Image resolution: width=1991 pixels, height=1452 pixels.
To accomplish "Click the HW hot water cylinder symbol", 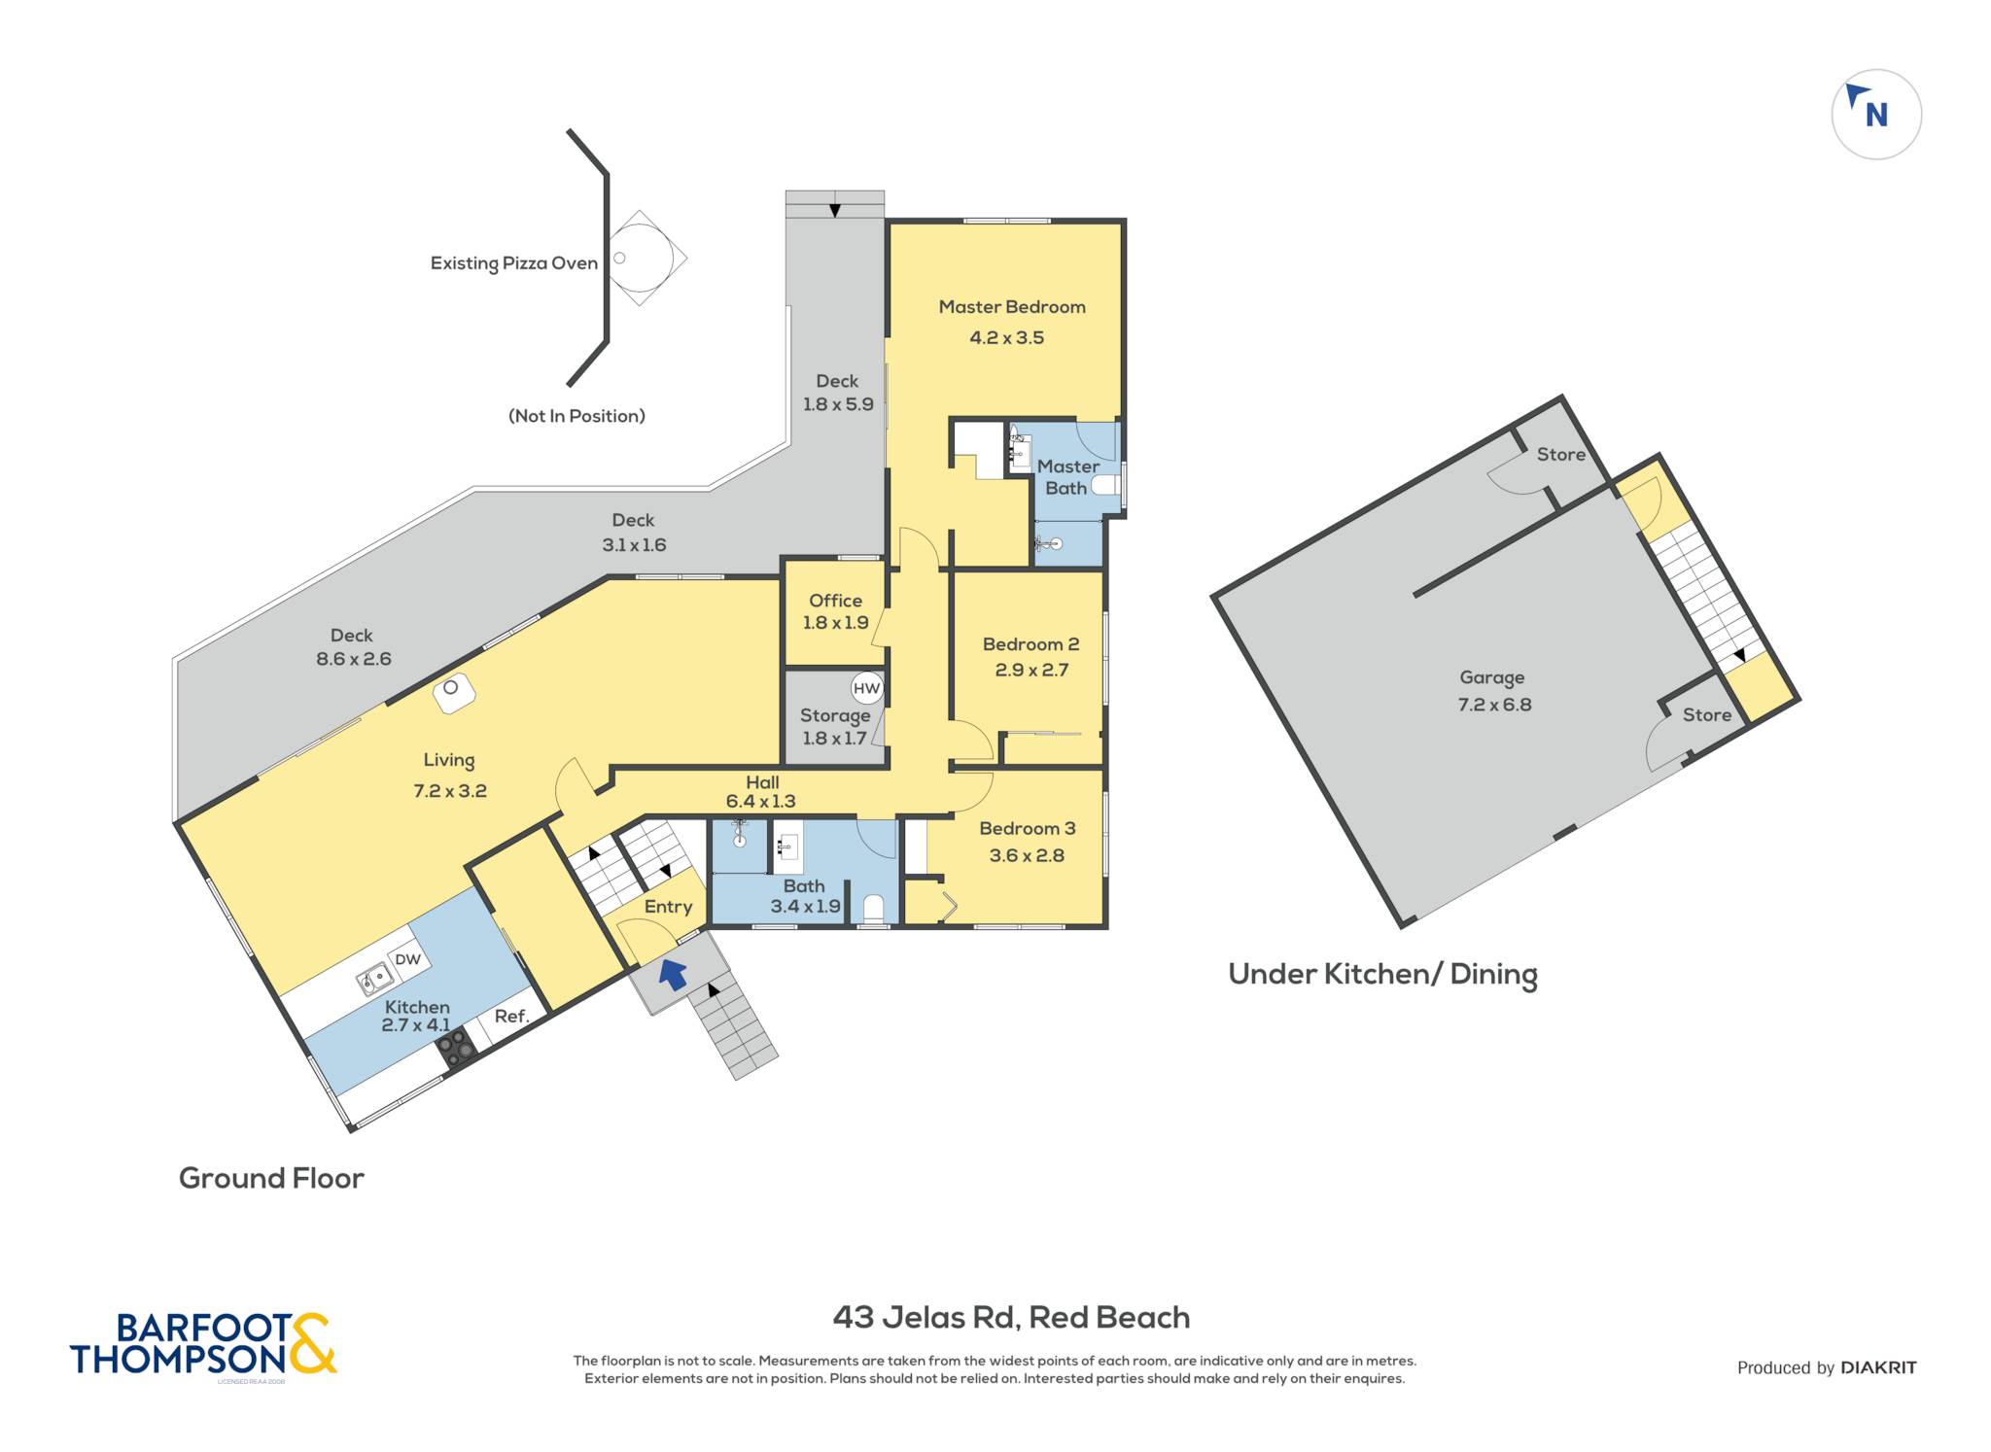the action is pyautogui.click(x=866, y=688).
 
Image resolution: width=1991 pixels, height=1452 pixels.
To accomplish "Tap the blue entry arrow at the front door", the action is pyautogui.click(x=673, y=973).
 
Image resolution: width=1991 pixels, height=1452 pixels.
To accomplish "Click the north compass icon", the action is pyautogui.click(x=1876, y=115).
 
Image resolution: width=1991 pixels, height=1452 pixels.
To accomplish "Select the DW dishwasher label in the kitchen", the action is pyautogui.click(x=407, y=959).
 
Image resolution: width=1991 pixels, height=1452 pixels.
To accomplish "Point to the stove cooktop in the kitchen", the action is pyautogui.click(x=455, y=1047).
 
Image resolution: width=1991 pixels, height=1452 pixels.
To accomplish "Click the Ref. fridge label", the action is pyautogui.click(x=512, y=1016).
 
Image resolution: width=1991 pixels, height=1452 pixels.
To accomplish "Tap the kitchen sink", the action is pyautogui.click(x=373, y=979).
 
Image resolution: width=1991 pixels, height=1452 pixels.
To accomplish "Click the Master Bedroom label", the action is pyautogui.click(x=1012, y=307).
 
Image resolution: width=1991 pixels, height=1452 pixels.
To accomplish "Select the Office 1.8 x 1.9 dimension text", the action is pyautogui.click(x=835, y=623).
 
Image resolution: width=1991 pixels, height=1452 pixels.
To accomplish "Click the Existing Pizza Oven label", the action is pyautogui.click(x=514, y=263).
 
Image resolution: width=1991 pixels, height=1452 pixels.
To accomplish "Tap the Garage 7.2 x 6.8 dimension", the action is pyautogui.click(x=1494, y=705).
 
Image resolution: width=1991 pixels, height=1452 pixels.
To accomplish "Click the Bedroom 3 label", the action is pyautogui.click(x=1028, y=828).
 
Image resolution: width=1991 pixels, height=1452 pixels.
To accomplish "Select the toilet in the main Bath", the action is pyautogui.click(x=873, y=909).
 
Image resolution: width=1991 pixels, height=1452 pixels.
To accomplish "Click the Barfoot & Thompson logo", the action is pyautogui.click(x=203, y=1345).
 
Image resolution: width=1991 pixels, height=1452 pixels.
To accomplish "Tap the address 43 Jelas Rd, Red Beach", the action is pyautogui.click(x=1011, y=1317).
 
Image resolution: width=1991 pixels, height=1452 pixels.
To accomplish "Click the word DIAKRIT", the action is pyautogui.click(x=1878, y=1367).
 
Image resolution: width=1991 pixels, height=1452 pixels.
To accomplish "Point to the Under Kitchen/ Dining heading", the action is pyautogui.click(x=1382, y=975).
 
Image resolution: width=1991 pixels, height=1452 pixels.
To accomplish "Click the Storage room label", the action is pyautogui.click(x=835, y=716).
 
